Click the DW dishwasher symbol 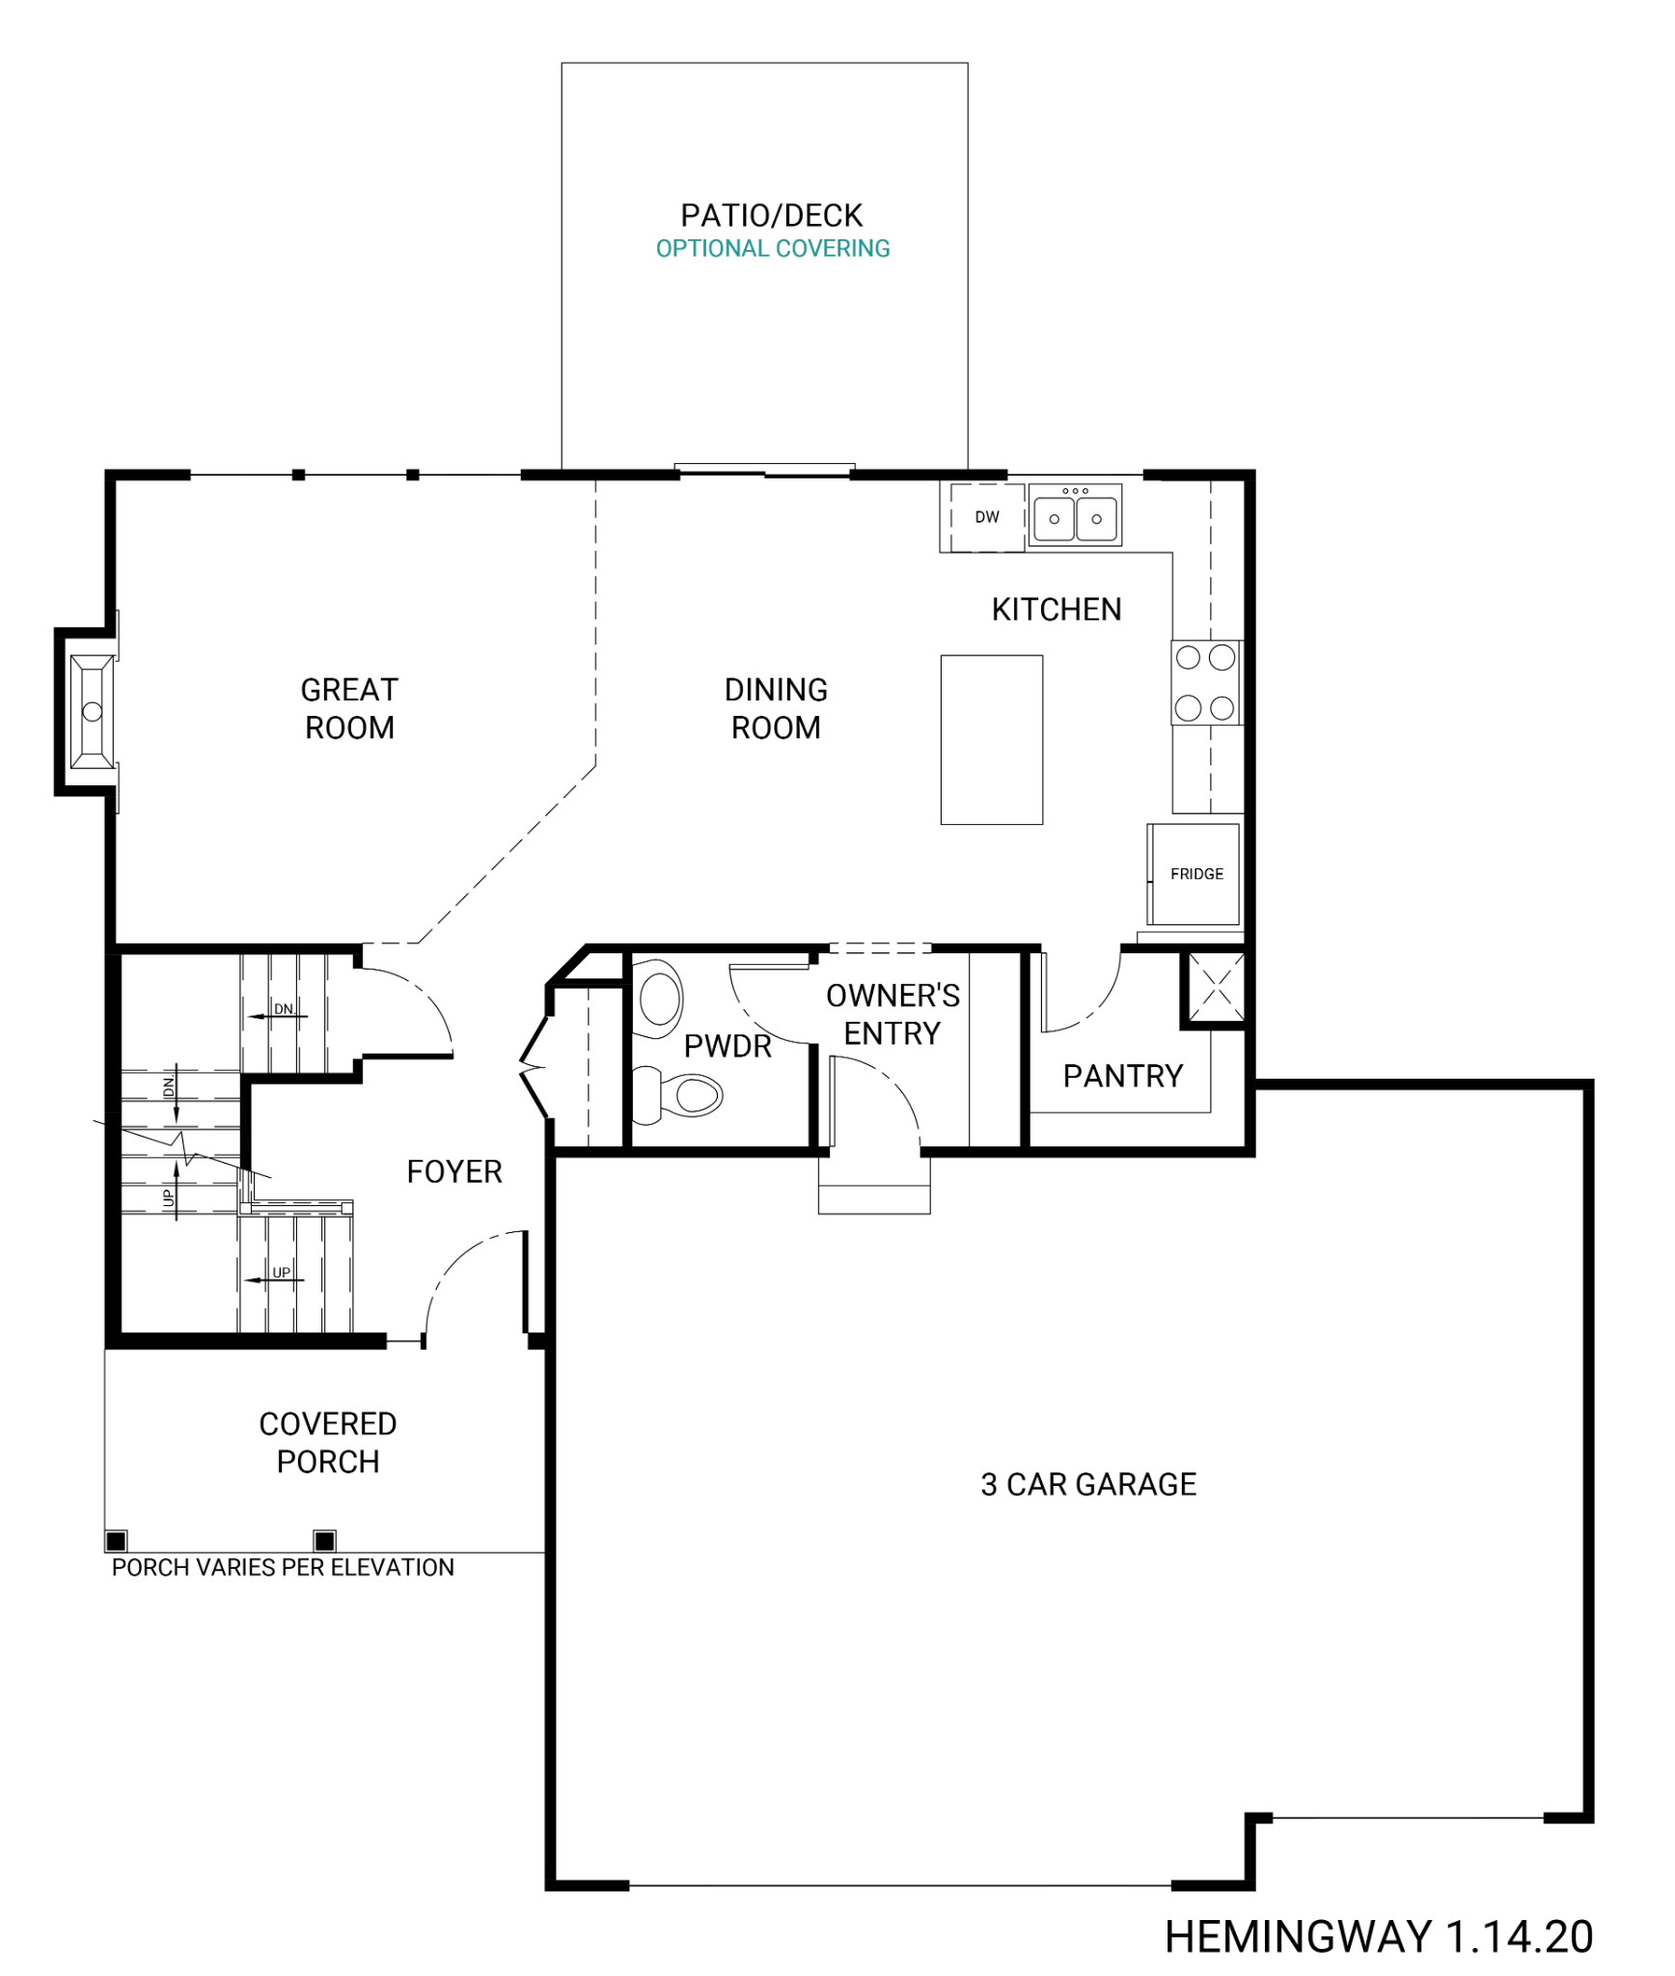(986, 517)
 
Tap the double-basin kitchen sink (1075, 517)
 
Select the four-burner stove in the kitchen (1206, 682)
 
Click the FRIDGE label (1196, 873)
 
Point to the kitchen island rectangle (992, 739)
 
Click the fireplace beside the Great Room (92, 711)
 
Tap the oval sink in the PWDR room (661, 998)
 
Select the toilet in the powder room (685, 1095)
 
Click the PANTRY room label (1122, 1076)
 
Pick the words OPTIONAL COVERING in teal (773, 249)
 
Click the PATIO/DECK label (772, 215)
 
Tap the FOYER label (454, 1171)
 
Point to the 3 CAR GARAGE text (1088, 1484)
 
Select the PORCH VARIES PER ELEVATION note (283, 1567)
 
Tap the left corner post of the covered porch (116, 1540)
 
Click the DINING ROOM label (776, 708)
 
